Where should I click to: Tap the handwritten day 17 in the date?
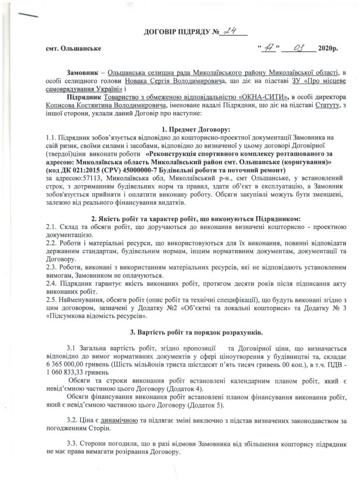click(x=267, y=48)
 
